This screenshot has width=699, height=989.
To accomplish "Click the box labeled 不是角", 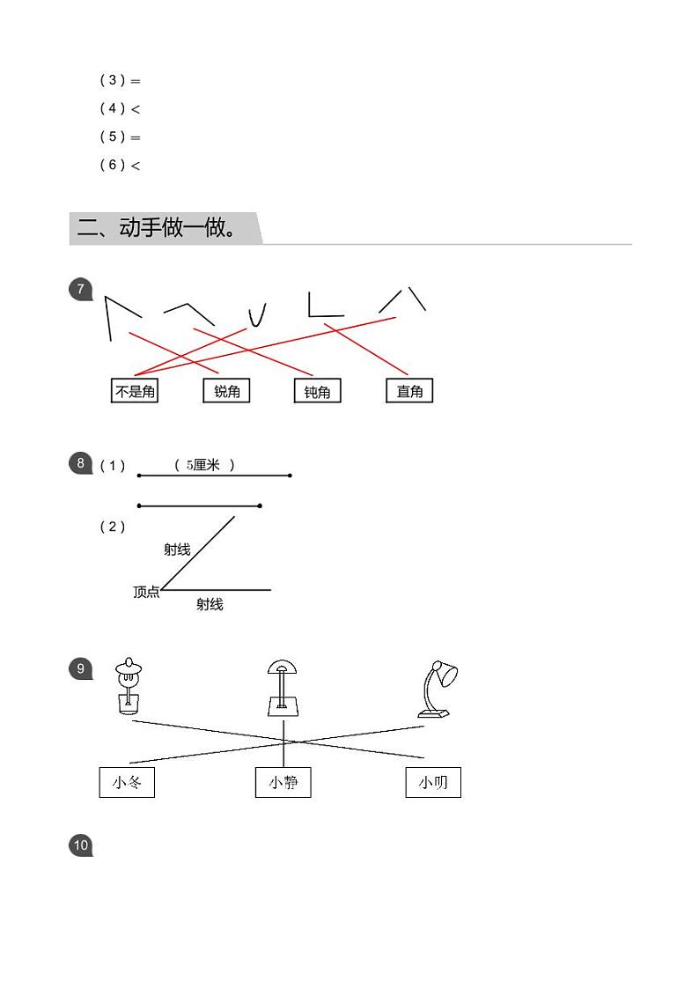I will (135, 391).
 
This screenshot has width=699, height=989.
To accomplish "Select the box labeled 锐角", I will (226, 391).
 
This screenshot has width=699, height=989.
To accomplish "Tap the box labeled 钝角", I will (317, 392).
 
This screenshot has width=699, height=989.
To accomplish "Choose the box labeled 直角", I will (409, 391).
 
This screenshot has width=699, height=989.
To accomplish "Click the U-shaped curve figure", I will (256, 315).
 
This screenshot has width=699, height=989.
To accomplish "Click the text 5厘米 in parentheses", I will (204, 465).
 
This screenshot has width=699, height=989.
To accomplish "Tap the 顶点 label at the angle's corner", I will (146, 592).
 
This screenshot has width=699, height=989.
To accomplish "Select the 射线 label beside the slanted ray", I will (177, 550).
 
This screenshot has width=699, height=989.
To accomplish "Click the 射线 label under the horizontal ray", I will (210, 604).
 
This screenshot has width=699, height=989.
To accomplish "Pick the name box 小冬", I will (127, 783).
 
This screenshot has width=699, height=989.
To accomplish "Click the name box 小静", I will (283, 783).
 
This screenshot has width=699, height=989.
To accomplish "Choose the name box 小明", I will (433, 783).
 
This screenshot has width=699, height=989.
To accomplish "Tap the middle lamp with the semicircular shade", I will (283, 688).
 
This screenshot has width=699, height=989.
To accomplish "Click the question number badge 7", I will (80, 289).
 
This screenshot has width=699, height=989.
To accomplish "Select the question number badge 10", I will (80, 845).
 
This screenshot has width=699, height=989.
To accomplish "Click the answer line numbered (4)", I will (120, 108).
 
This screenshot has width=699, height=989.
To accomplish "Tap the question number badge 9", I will (80, 668).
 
